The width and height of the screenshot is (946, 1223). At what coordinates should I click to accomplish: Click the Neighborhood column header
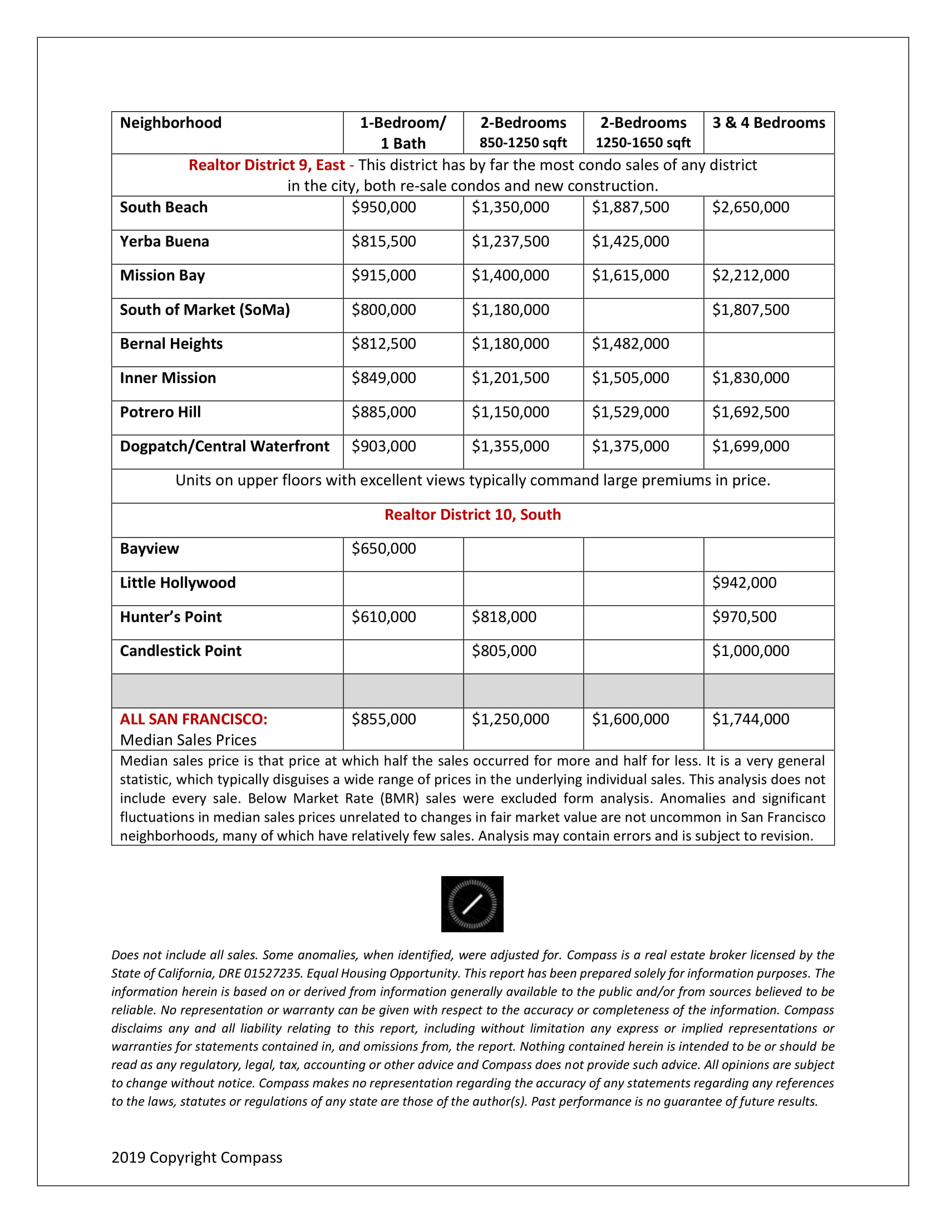[170, 123]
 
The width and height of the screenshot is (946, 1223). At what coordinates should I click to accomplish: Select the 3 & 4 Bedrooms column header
[768, 123]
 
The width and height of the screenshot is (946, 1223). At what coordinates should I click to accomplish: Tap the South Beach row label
[164, 207]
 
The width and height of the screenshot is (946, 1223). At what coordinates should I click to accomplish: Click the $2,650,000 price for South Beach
[751, 207]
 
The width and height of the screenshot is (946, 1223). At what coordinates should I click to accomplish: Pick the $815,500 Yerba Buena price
[383, 241]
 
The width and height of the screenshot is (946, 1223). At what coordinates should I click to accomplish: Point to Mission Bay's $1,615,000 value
[630, 276]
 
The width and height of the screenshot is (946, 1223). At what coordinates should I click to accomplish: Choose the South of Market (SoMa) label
[205, 310]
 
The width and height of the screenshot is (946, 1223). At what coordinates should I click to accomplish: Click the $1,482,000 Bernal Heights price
[630, 344]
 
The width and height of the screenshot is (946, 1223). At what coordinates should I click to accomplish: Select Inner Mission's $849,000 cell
[383, 378]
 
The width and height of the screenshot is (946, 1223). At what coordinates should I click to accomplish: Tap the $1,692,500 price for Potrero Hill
[751, 412]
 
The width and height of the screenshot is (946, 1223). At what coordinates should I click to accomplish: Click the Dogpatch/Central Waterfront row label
[224, 446]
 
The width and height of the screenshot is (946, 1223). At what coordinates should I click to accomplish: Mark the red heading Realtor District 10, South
[472, 515]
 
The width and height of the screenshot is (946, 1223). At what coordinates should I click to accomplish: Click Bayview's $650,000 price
[383, 549]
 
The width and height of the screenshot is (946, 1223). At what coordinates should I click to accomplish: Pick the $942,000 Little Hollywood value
[744, 583]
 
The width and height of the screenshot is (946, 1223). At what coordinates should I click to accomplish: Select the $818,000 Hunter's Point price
[504, 617]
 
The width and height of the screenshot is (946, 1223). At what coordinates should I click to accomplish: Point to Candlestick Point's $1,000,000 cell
[751, 651]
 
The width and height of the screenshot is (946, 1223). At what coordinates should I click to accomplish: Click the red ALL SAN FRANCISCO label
[193, 719]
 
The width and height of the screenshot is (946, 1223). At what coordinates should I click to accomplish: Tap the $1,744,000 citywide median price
[751, 719]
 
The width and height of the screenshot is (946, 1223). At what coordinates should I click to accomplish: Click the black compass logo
[472, 904]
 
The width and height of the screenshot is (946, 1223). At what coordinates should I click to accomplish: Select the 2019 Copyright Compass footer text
[196, 1157]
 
